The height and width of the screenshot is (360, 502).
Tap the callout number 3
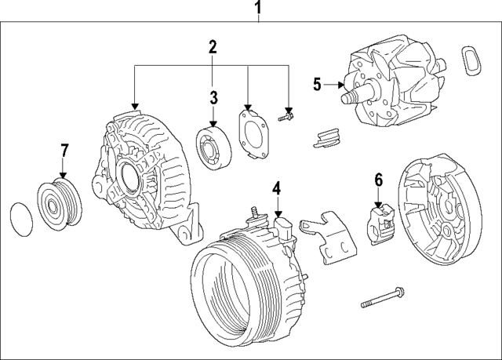[x=212, y=97]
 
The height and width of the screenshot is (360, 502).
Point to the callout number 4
[x=276, y=187]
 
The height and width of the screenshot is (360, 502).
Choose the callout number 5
[x=317, y=83]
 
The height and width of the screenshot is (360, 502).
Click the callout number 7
[x=64, y=149]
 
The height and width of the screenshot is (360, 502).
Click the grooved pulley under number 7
[x=57, y=205]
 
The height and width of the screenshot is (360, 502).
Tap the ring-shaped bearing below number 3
[x=212, y=147]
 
